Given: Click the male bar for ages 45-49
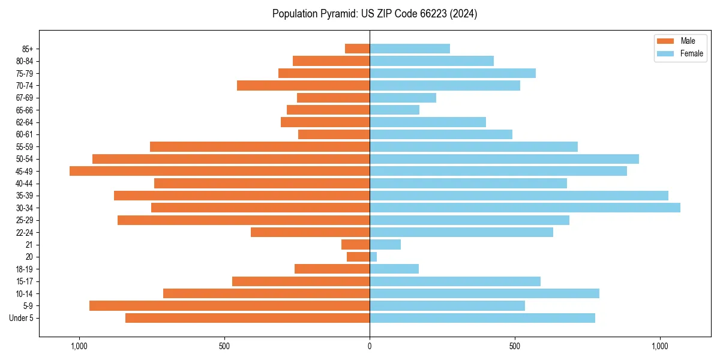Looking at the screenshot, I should [x=220, y=171].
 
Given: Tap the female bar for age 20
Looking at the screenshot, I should [x=373, y=257].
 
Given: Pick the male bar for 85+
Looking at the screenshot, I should [x=358, y=49].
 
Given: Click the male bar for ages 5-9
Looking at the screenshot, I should [x=229, y=306].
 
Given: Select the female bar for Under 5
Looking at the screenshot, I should [x=482, y=318].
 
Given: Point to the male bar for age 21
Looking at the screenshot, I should [x=356, y=245].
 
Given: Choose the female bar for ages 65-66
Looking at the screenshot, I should [x=394, y=110].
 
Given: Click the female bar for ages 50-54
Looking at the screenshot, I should [x=504, y=159].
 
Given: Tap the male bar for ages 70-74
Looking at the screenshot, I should [x=303, y=85].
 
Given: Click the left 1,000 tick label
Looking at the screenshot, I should [x=79, y=346].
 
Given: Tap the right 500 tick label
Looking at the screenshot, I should [x=515, y=346].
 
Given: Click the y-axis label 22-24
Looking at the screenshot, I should [x=25, y=233].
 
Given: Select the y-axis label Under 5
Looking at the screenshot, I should [x=22, y=318].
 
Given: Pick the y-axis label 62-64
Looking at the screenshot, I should [x=25, y=122].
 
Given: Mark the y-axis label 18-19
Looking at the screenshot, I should [x=25, y=269].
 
